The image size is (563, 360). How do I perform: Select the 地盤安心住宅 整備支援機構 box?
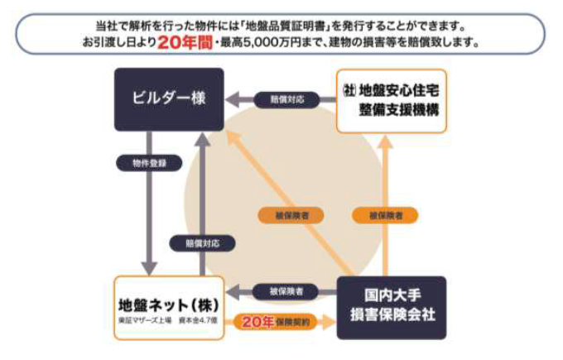click(392, 99)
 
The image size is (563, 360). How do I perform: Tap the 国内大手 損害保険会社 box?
click(392, 307)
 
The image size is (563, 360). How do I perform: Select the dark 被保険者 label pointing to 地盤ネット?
click(281, 291)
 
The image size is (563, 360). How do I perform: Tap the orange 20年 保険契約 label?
click(280, 322)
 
